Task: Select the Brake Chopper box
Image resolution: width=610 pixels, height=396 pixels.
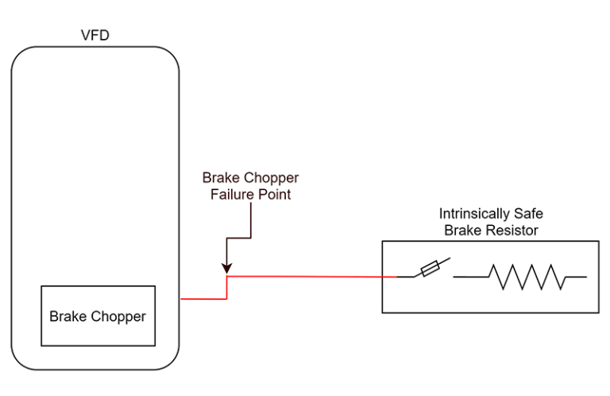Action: (x=98, y=316)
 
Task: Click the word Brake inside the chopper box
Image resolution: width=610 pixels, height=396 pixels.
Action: (x=66, y=316)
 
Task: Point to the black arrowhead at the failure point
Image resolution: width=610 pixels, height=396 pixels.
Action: (x=227, y=269)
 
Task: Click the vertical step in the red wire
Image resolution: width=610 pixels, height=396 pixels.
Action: (x=227, y=287)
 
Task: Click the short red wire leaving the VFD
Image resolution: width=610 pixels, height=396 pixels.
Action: (x=202, y=299)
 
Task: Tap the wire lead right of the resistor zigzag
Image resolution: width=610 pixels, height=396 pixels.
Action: (x=576, y=277)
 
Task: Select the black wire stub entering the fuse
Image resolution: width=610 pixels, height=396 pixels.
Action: (x=406, y=277)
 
